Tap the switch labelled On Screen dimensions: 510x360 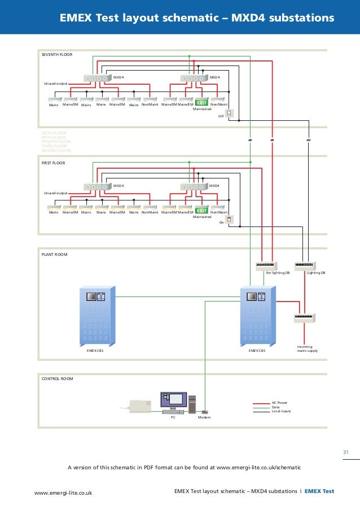[229, 220]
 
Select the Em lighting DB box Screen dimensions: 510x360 [266, 265]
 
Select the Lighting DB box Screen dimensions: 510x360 [305, 265]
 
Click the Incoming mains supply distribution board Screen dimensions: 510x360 [305, 318]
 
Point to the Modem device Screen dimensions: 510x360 [204, 412]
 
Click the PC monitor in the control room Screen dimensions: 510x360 [173, 400]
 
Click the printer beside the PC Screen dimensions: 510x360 [139, 405]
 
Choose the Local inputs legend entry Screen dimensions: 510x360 [281, 411]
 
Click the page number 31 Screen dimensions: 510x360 [347, 451]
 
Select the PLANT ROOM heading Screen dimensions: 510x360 [54, 255]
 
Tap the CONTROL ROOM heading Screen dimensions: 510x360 [58, 378]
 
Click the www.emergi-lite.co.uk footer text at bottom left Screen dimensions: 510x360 [63, 492]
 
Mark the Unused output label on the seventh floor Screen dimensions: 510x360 [55, 84]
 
